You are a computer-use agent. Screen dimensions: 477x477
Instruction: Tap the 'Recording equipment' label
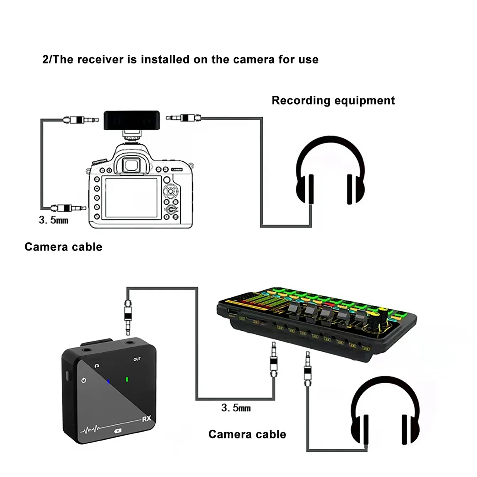click(333, 100)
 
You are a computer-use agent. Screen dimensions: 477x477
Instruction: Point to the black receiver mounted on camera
click(132, 120)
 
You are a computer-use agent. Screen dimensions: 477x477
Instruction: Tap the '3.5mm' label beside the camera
click(53, 219)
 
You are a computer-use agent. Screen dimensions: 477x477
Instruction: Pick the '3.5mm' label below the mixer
click(236, 407)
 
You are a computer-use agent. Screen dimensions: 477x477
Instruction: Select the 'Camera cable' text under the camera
click(63, 247)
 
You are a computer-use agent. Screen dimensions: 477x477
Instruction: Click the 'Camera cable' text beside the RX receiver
click(247, 434)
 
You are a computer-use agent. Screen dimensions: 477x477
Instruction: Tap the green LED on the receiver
click(127, 379)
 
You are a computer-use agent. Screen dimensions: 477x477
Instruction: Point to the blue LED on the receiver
click(108, 382)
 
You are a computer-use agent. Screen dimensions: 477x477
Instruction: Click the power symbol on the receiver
click(83, 380)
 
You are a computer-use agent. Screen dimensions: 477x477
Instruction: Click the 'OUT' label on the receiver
click(137, 359)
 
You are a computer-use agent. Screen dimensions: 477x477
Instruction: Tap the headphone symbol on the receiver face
click(97, 365)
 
